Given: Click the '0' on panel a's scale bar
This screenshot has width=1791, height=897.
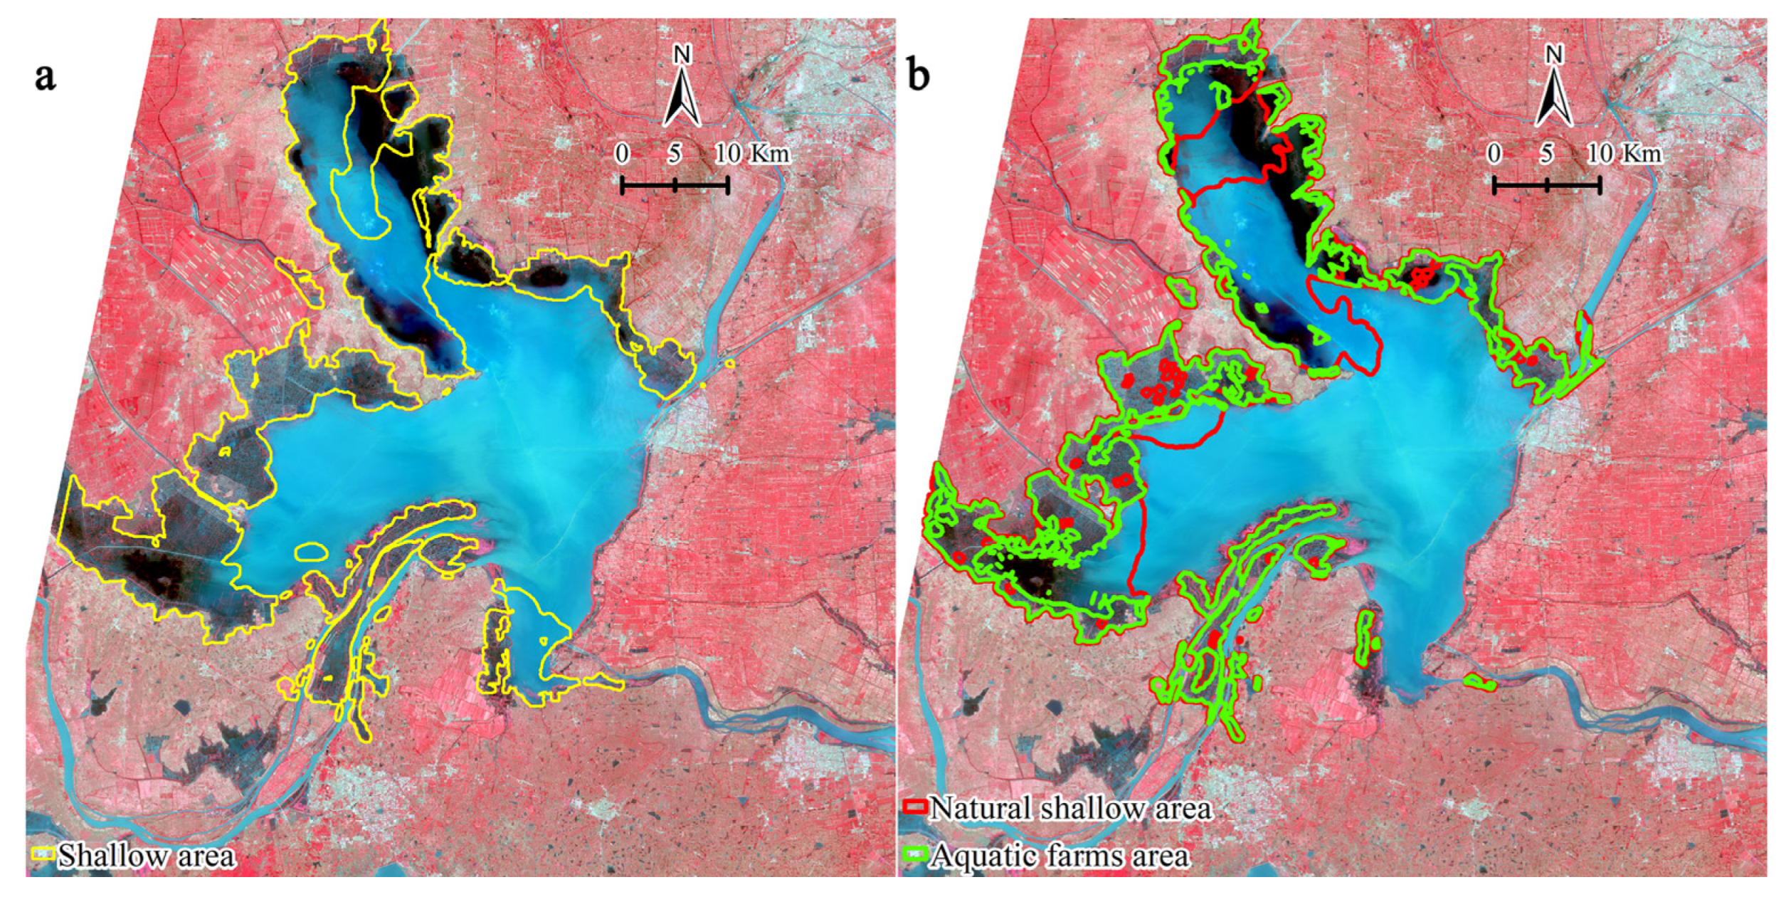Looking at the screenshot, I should tap(622, 154).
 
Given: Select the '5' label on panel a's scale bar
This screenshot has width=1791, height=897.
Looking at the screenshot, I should tap(674, 154).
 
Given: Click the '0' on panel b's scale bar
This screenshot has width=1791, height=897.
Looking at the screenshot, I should tap(1494, 154).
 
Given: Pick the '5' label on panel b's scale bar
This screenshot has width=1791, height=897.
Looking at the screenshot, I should tap(1546, 154).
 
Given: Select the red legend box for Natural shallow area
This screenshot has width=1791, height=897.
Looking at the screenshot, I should tap(915, 807).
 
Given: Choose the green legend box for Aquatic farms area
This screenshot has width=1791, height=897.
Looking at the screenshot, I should tap(915, 855).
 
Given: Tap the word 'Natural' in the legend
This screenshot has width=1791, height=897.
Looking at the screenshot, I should tap(979, 808).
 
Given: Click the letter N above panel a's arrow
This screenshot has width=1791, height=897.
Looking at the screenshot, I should tap(682, 55).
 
